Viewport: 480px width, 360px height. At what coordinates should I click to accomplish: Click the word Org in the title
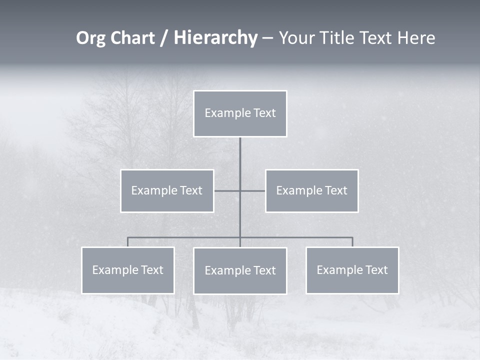pos(91,38)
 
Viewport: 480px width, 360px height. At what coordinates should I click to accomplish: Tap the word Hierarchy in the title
pos(215,38)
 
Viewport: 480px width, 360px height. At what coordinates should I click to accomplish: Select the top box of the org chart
pos(240,113)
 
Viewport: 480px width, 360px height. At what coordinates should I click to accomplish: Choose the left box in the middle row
pos(167,190)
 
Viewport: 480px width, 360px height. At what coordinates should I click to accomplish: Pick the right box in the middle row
pos(311,190)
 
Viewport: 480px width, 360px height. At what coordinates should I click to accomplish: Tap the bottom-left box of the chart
pos(128,270)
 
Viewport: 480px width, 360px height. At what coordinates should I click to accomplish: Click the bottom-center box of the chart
pos(240,270)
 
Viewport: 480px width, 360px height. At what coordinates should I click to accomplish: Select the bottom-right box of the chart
pos(352,270)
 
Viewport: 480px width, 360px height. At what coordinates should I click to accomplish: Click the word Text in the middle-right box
pos(335,190)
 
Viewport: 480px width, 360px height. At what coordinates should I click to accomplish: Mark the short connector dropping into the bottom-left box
pos(127,242)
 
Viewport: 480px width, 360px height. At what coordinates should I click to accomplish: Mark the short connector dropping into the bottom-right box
pos(352,242)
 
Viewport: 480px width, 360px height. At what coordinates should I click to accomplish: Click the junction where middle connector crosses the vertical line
pos(240,190)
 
